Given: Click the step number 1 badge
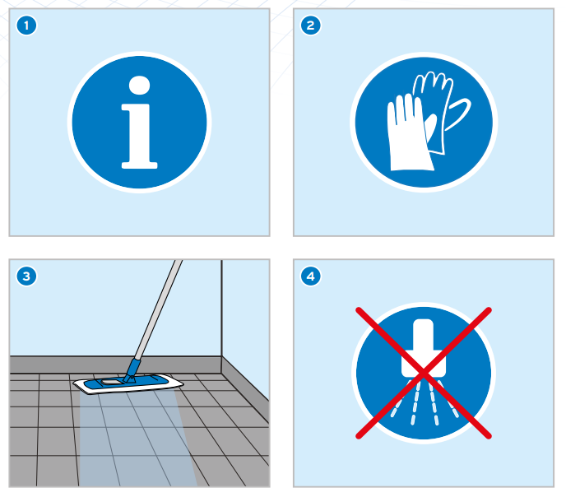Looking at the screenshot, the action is [x=26, y=26].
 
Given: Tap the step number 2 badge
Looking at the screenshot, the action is [x=311, y=26].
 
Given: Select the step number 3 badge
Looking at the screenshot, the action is [x=26, y=276].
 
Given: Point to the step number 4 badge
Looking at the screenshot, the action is [x=311, y=276].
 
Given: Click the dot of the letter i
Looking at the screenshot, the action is [x=139, y=86].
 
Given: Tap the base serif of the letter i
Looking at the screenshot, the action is [x=139, y=165].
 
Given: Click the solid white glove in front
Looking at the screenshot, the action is [x=410, y=133].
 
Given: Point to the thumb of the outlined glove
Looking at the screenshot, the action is [x=458, y=114].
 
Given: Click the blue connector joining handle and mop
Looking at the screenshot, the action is [x=131, y=370].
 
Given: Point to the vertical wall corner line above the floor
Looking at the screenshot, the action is [x=221, y=308].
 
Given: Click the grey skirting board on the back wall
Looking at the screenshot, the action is [x=115, y=365].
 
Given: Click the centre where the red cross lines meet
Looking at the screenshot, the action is [x=424, y=373].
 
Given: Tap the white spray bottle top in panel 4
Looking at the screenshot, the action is [x=424, y=348].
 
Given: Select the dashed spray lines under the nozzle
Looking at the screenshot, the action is [x=424, y=402].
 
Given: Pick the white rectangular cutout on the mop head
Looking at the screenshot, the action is [x=110, y=381].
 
